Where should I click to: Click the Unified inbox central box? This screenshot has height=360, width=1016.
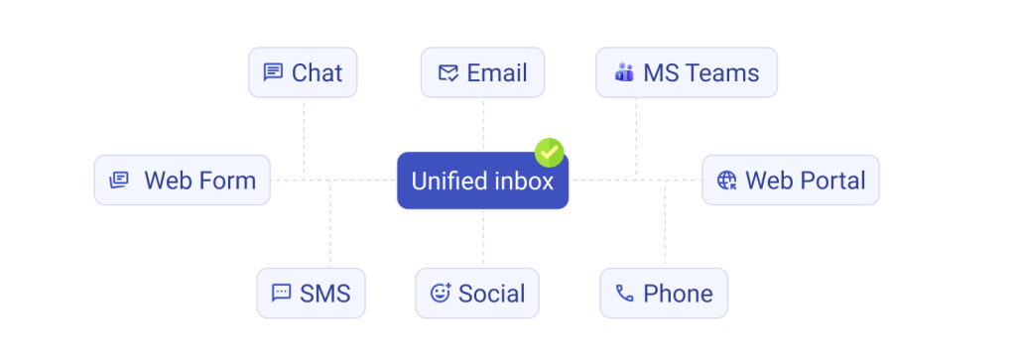click(x=483, y=180)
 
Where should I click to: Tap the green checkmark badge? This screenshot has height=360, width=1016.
click(x=550, y=153)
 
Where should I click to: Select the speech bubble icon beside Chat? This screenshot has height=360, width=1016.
click(x=273, y=72)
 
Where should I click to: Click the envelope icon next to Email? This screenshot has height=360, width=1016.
click(x=448, y=72)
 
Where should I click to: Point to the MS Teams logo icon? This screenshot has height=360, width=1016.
click(x=624, y=71)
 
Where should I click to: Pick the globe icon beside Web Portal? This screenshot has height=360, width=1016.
click(x=727, y=180)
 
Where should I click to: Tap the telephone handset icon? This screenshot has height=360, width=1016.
click(x=625, y=294)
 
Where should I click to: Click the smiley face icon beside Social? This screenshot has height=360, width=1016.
click(x=441, y=294)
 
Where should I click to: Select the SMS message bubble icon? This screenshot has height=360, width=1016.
click(x=281, y=294)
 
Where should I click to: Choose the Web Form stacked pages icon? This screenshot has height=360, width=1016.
click(x=119, y=180)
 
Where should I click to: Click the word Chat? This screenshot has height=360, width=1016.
click(x=317, y=73)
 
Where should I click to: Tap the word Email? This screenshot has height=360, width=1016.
click(x=497, y=73)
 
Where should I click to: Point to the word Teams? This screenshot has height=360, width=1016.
click(x=722, y=73)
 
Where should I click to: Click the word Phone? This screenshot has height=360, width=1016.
click(x=678, y=294)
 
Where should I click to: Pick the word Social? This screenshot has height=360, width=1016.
click(x=492, y=294)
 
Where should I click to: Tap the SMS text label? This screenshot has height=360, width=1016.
click(x=325, y=294)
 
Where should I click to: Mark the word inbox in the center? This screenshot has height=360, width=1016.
click(x=524, y=181)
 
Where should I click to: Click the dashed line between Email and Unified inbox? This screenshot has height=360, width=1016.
click(x=483, y=125)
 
